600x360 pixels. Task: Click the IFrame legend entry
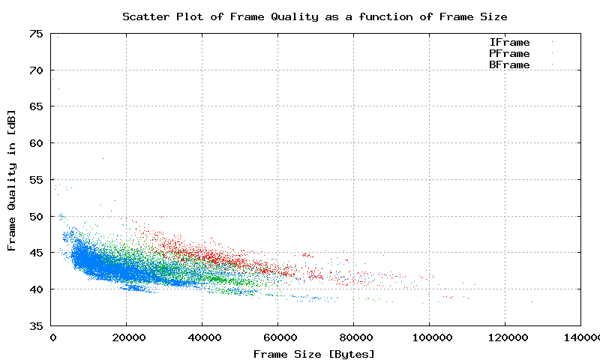click(x=509, y=43)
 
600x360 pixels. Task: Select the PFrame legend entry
click(x=509, y=54)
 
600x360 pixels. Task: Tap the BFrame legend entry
click(x=509, y=65)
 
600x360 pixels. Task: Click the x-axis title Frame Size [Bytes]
click(x=314, y=353)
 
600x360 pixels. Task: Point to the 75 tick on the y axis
click(x=36, y=33)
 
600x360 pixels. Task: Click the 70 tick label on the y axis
click(x=36, y=70)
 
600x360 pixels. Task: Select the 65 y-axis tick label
click(x=36, y=106)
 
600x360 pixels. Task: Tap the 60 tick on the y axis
click(x=36, y=142)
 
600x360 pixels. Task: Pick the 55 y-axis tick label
click(x=36, y=179)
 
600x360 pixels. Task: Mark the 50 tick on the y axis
click(x=36, y=216)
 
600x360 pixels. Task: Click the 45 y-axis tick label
click(x=36, y=253)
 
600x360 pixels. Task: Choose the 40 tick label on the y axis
click(x=36, y=289)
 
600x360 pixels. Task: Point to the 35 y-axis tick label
click(x=36, y=325)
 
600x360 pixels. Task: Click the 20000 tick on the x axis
click(x=127, y=338)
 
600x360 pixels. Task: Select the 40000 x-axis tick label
click(x=202, y=338)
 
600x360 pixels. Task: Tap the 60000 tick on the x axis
click(x=278, y=338)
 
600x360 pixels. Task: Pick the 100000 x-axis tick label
click(x=430, y=338)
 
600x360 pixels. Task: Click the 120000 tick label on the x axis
click(x=505, y=338)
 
